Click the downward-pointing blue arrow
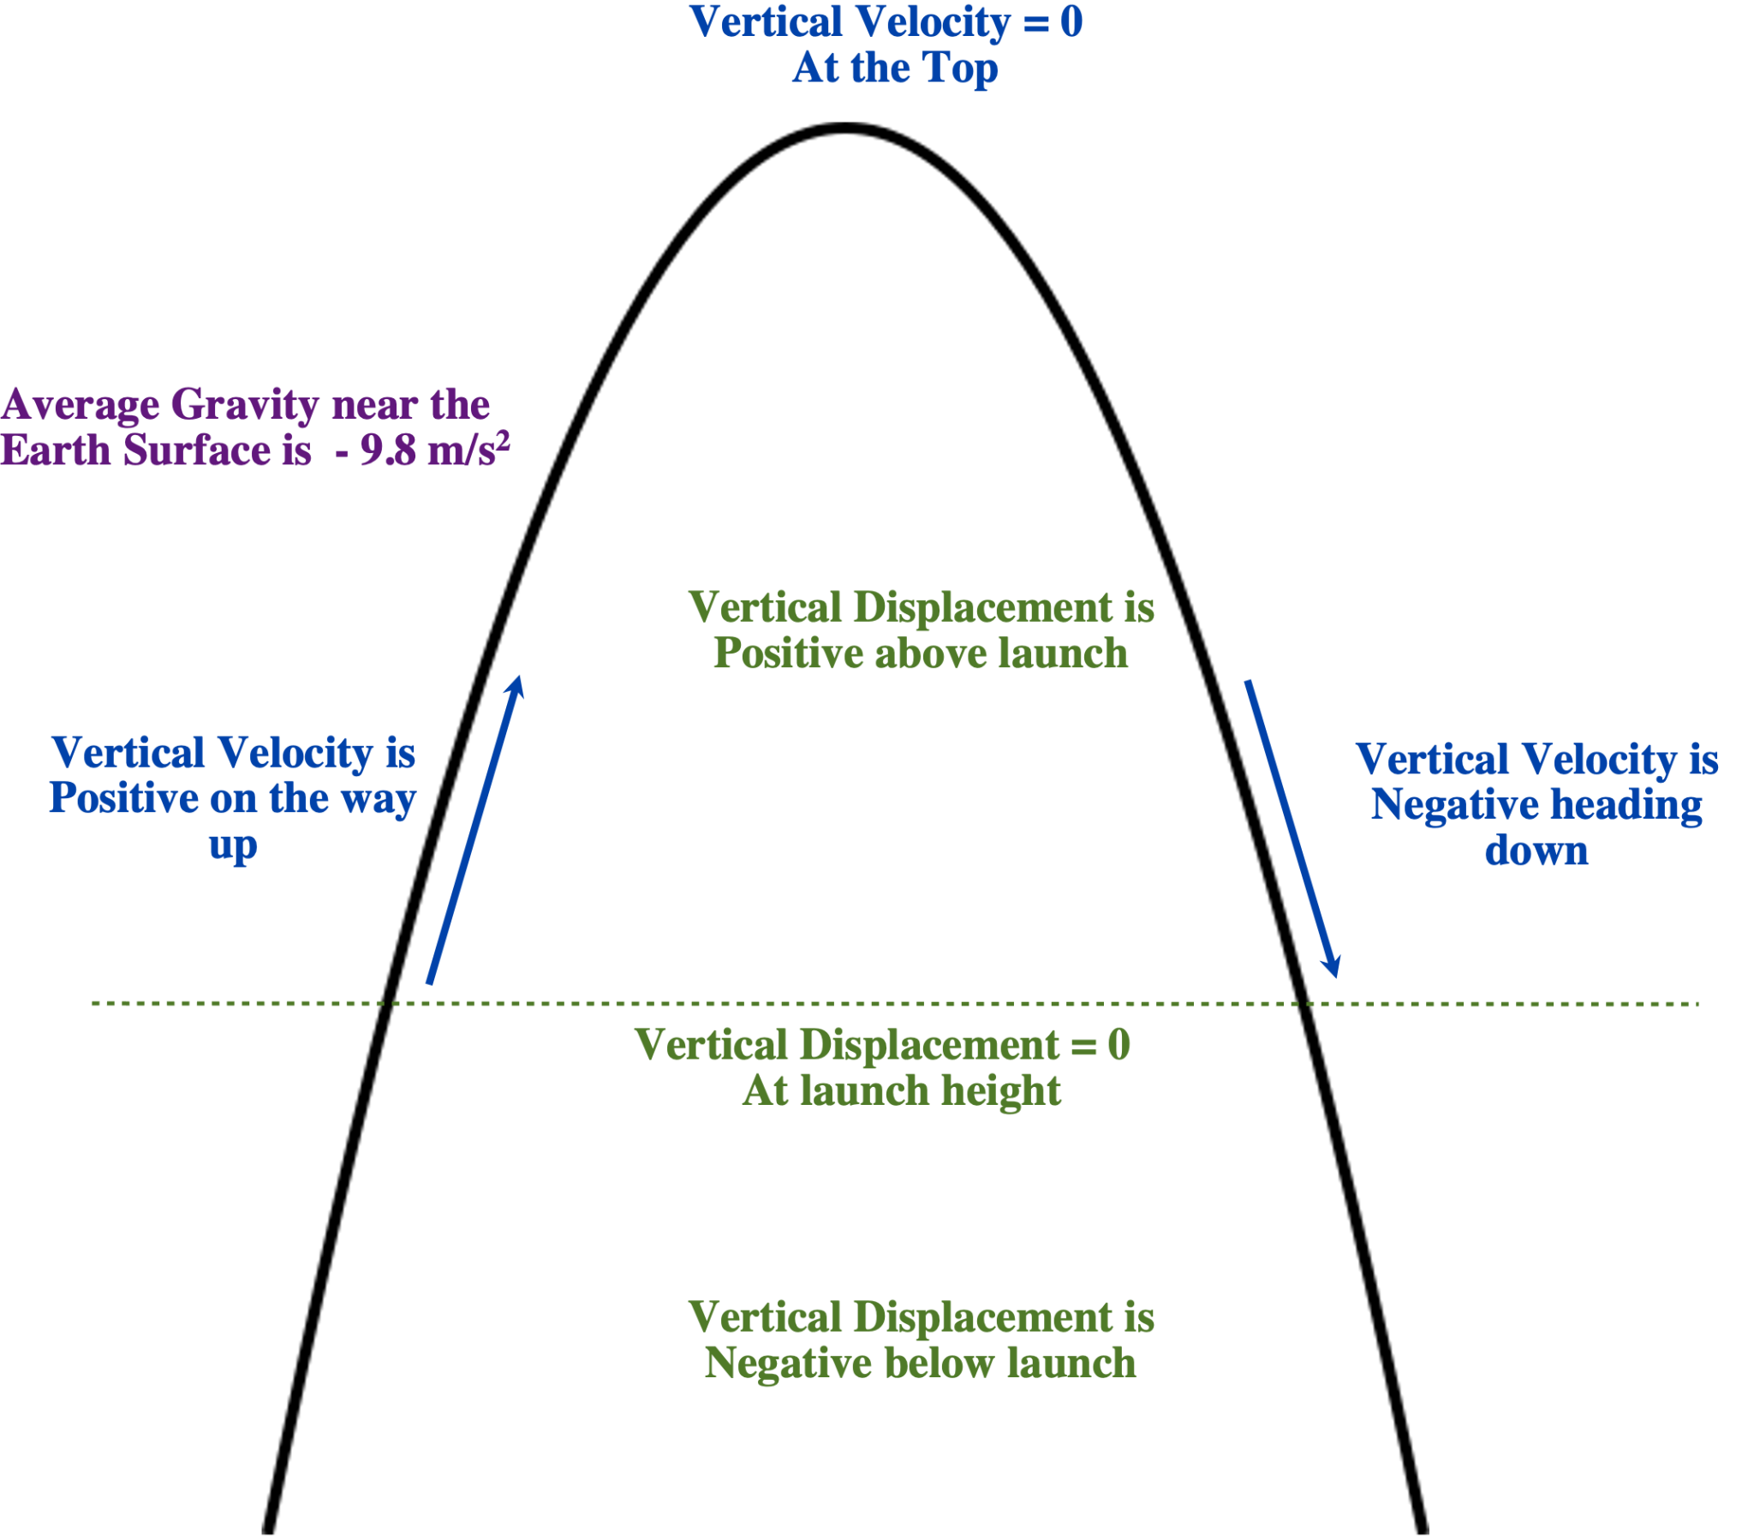[1292, 829]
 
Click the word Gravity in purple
[245, 405]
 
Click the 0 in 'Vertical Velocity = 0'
[1071, 22]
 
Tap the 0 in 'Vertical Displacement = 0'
[1119, 1046]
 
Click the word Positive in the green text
[788, 654]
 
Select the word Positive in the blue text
[123, 799]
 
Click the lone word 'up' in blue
[233, 846]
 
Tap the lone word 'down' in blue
[1536, 851]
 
